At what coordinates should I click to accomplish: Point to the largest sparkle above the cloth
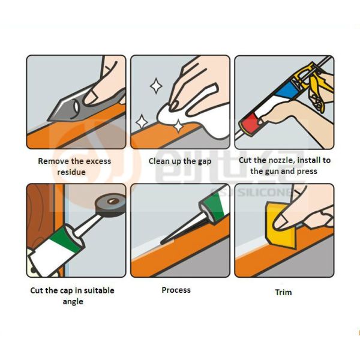tap(156, 86)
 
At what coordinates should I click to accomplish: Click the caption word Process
tap(176, 290)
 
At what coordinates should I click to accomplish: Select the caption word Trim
tap(283, 292)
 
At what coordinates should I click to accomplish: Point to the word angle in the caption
tap(73, 301)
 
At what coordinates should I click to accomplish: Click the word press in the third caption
tap(306, 171)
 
